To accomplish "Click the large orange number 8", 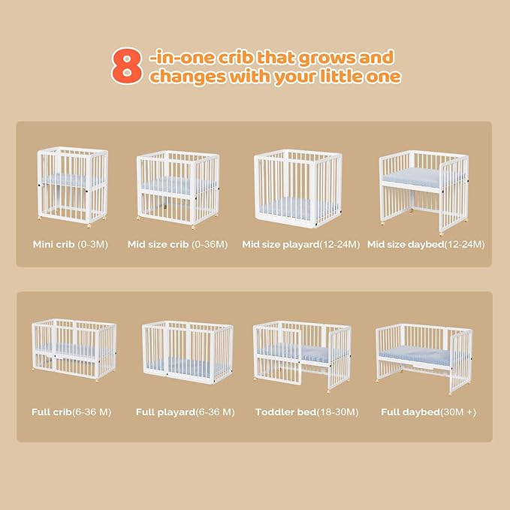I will click(x=127, y=68).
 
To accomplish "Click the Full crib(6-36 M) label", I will click(x=72, y=412).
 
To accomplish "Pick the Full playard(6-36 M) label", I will click(x=185, y=412).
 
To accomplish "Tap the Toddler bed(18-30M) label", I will click(x=306, y=412).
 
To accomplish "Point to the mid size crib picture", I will click(x=177, y=190).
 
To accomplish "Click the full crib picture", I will click(x=74, y=349).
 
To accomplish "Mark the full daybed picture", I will click(x=424, y=355).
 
